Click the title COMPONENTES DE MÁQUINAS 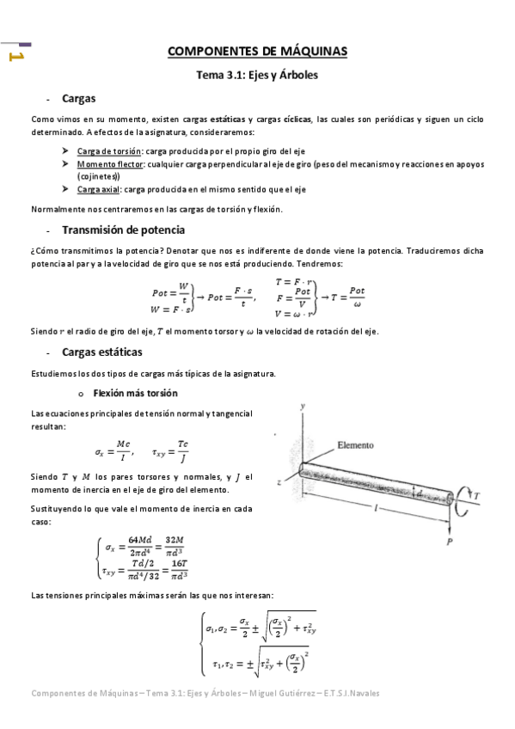pos(257,52)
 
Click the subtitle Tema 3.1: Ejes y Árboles pos(257,75)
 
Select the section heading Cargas pos(78,99)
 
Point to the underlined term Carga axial pos(98,188)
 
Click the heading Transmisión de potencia pos(123,230)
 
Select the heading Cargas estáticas pos(102,352)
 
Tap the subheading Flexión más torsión pos(135,393)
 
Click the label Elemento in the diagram pos(355,445)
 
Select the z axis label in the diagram pos(280,483)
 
